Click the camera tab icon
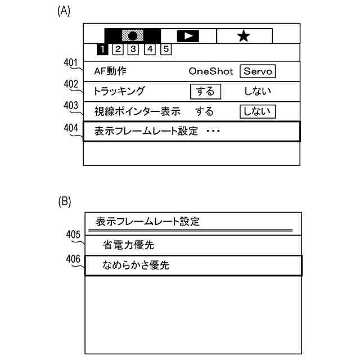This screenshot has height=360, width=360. (x=133, y=35)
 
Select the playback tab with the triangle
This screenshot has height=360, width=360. (x=188, y=35)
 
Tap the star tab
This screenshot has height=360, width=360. (x=244, y=35)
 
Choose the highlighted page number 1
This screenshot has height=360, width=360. (x=103, y=49)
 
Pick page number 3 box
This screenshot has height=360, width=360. (x=134, y=49)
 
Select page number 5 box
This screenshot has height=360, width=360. (x=166, y=49)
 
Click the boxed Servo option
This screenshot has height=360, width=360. (x=258, y=72)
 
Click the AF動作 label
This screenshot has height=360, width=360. (x=111, y=72)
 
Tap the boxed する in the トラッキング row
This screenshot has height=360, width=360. (x=205, y=91)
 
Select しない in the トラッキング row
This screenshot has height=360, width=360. (x=257, y=91)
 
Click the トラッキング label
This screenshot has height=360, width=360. (x=120, y=91)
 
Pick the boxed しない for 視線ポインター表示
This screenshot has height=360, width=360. (x=257, y=111)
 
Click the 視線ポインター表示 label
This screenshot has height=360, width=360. (x=134, y=111)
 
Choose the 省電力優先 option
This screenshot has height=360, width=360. (x=128, y=245)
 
